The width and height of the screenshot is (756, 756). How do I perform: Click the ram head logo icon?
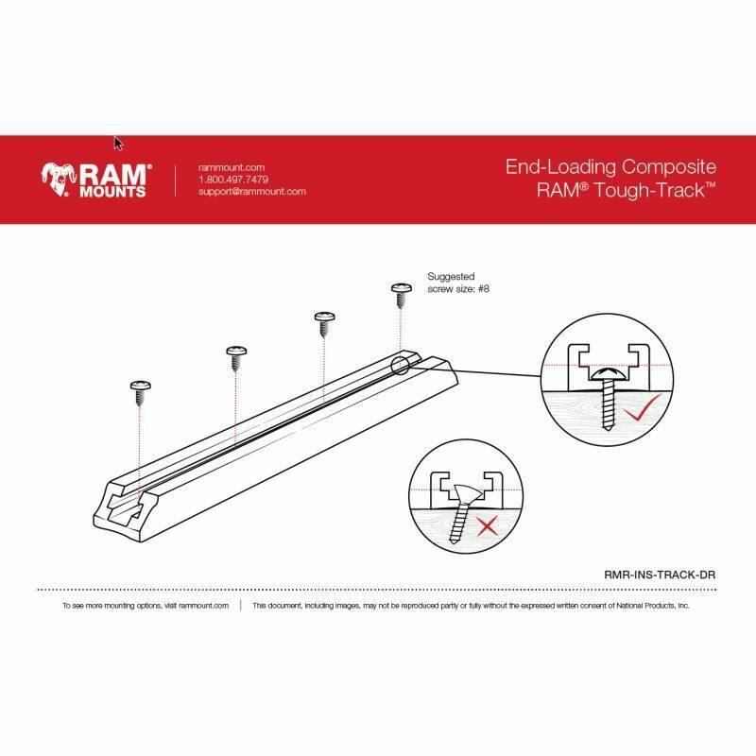click(x=58, y=180)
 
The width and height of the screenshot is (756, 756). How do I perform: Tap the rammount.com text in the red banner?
click(x=232, y=168)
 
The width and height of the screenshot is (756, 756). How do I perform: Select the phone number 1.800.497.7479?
click(x=233, y=180)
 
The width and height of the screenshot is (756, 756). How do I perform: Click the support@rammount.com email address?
click(x=252, y=192)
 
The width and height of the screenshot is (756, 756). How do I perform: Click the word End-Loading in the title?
click(x=560, y=167)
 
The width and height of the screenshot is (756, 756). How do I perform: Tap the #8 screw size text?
click(x=484, y=289)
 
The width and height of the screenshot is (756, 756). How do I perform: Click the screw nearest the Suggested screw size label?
click(x=401, y=295)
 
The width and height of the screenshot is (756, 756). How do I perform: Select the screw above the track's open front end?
click(x=140, y=393)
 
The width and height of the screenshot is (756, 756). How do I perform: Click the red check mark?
click(x=642, y=408)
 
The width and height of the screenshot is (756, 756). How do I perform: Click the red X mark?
click(x=488, y=526)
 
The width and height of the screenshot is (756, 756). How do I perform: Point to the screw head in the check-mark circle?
click(x=609, y=374)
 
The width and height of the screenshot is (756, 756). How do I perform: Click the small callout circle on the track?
click(x=400, y=366)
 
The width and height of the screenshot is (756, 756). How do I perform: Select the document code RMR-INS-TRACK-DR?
click(x=660, y=575)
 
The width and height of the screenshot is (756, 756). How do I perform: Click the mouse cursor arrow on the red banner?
click(x=118, y=144)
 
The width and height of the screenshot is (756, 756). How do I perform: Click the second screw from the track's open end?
click(x=236, y=359)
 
